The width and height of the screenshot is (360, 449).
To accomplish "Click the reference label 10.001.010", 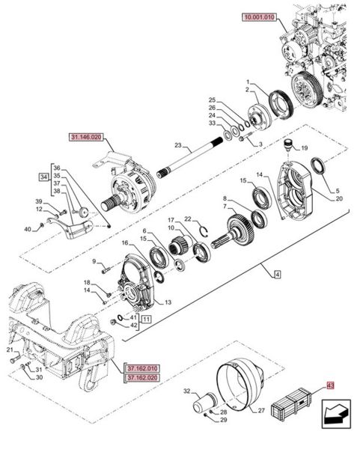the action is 259,17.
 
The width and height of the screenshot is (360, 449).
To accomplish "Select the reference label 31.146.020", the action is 86,137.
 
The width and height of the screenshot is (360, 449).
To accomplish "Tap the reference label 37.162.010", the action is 142,368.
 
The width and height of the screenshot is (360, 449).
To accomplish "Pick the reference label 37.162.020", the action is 142,378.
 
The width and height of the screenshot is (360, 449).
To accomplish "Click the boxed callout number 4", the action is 277,275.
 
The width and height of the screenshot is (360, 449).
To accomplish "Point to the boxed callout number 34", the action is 43,177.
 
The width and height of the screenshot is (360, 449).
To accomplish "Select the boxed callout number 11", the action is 146,320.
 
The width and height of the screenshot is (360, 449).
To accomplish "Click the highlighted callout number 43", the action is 330,385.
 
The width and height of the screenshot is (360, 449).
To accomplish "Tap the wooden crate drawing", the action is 291,404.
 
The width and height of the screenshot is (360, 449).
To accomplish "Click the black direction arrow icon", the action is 336,414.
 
